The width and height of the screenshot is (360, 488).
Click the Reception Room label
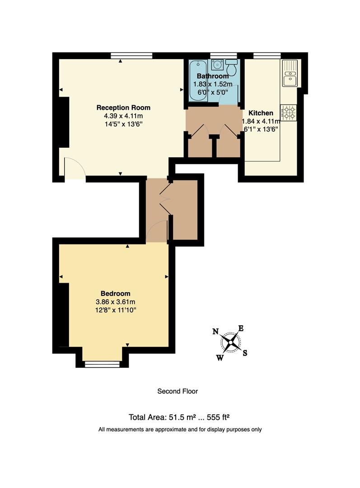point(123,108)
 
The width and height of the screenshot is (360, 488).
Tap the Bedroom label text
point(115,293)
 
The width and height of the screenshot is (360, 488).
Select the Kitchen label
point(261,113)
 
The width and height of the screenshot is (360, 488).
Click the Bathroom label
point(212,76)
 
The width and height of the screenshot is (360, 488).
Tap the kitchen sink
point(289,73)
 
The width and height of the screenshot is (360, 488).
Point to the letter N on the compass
point(215,332)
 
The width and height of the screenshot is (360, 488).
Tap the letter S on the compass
point(245,353)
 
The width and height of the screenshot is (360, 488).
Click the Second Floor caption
point(178,391)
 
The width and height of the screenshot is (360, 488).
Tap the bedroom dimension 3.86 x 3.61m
point(115,302)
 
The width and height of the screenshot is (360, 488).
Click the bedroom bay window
point(102,364)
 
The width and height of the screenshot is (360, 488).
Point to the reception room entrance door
point(75,169)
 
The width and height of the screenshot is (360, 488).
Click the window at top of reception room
point(131,56)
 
